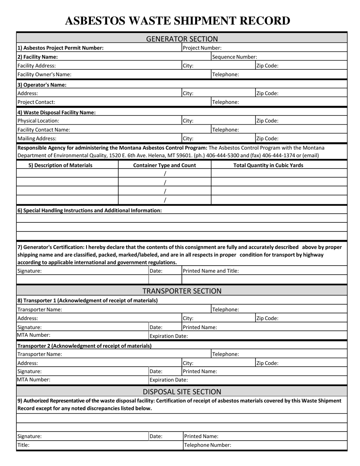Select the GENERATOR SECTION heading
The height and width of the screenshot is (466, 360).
click(x=182, y=39)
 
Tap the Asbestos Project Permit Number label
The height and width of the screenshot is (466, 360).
click(x=61, y=48)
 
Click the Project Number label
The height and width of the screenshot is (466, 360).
click(x=202, y=48)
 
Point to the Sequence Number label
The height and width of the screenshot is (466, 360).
click(x=235, y=57)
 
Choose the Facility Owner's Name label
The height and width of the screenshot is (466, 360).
click(x=44, y=74)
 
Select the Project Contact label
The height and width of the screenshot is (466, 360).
click(x=36, y=102)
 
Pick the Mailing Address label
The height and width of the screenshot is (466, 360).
click(x=37, y=138)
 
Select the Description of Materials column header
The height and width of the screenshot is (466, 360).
click(x=61, y=165)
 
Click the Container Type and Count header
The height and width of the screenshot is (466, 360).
click(x=165, y=165)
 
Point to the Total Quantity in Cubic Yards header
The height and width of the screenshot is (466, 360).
click(x=268, y=165)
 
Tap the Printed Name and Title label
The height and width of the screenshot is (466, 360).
click(x=211, y=271)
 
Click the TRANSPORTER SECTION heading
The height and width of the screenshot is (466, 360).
click(x=182, y=291)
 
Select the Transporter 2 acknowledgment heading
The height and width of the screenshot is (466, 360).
click(x=85, y=346)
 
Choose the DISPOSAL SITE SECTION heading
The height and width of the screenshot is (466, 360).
click(x=182, y=391)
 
